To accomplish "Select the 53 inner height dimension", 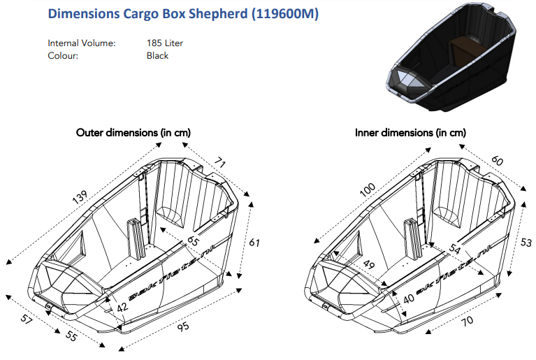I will [x=526, y=243].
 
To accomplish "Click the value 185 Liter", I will [x=164, y=43].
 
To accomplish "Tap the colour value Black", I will [x=157, y=56].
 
